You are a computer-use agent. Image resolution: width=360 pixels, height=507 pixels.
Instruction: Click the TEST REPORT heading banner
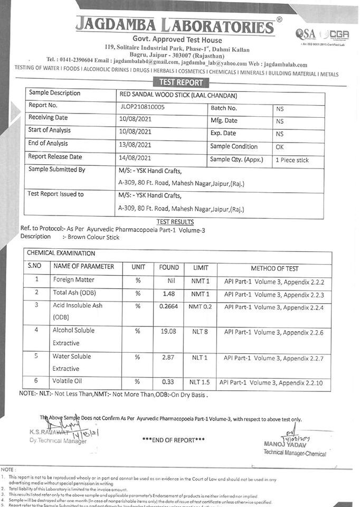click(181, 82)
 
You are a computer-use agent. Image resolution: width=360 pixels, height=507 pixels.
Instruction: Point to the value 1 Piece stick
click(292, 160)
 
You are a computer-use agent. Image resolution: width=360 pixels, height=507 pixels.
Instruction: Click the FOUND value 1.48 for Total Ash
click(169, 294)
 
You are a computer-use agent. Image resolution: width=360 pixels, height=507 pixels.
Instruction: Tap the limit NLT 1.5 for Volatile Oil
click(200, 382)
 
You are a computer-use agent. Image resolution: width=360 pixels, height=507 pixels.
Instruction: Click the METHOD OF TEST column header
click(274, 268)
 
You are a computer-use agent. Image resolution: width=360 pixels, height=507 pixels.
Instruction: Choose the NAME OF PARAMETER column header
click(83, 267)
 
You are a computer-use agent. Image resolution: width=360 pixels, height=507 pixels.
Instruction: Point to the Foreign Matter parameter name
click(73, 280)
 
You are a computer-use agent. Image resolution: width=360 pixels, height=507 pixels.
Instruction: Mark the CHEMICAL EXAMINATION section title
click(61, 253)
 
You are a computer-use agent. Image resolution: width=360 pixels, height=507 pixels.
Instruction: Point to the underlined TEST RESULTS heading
click(175, 222)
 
